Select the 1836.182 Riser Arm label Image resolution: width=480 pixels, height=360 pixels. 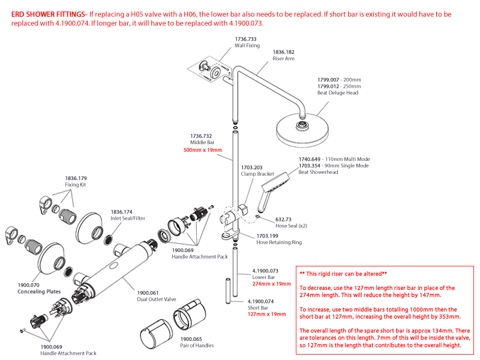(284, 52)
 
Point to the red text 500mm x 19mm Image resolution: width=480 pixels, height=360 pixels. (202, 150)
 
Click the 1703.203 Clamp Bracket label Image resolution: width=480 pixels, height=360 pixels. (251, 167)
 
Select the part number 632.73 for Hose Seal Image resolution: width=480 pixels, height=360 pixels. (283, 220)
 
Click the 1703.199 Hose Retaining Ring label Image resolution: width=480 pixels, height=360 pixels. (271, 236)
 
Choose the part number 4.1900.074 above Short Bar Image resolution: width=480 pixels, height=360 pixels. (261, 301)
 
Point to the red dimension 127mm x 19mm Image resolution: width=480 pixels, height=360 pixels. (267, 314)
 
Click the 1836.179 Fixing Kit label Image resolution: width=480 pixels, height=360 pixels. (76, 178)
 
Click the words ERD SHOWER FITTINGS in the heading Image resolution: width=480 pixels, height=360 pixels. (49, 13)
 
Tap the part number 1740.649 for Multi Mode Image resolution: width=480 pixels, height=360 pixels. (311, 159)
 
